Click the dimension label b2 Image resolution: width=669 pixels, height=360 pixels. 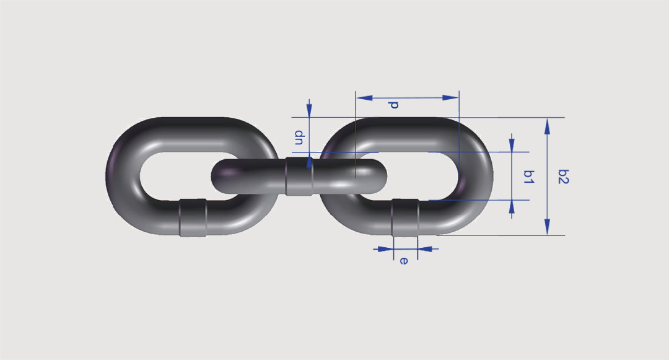click(x=564, y=176)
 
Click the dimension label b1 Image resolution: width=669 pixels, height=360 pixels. click(x=528, y=176)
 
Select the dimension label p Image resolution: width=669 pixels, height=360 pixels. click(x=393, y=105)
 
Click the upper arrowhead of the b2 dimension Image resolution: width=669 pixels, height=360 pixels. click(x=548, y=126)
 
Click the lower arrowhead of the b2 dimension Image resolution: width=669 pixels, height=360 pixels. click(x=548, y=227)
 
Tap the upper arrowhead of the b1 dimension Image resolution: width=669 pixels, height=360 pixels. click(x=512, y=144)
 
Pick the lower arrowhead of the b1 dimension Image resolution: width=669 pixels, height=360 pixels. click(x=512, y=208)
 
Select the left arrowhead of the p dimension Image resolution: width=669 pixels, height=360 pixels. click(x=364, y=98)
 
